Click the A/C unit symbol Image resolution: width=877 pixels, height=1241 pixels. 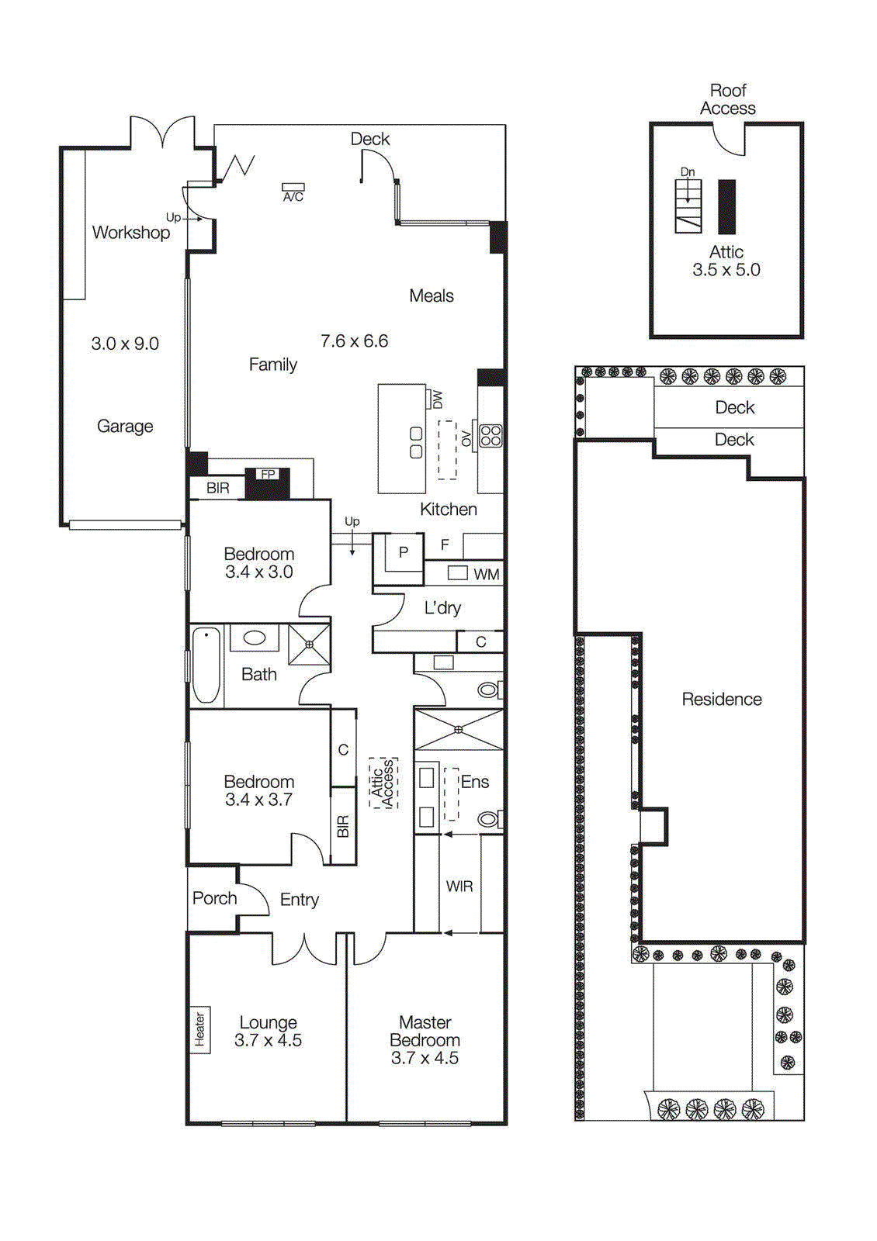(293, 188)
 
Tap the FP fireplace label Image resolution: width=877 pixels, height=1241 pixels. (268, 474)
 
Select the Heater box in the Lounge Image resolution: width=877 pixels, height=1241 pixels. (199, 1029)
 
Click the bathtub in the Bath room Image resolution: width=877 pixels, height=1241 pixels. (206, 665)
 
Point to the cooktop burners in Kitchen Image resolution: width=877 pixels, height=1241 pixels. (490, 435)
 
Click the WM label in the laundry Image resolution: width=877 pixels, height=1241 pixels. (486, 575)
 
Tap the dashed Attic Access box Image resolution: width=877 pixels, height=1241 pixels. (383, 783)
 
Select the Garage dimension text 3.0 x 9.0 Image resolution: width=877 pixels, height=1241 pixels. (125, 344)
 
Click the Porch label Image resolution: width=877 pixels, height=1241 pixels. (214, 898)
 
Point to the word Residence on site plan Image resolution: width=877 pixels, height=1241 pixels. (721, 699)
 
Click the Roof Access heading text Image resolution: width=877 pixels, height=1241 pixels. (727, 99)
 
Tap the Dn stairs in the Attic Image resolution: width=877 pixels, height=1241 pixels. (688, 205)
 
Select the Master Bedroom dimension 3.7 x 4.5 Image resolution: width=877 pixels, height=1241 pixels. (425, 1058)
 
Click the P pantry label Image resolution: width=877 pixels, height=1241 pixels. (403, 552)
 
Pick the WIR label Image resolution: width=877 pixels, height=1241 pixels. (459, 886)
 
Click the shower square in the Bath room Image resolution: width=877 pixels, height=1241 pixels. (309, 644)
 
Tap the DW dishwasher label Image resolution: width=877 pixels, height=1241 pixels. (437, 399)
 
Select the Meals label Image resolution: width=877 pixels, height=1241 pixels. (432, 296)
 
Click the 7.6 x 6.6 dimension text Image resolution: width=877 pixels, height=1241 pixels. (354, 340)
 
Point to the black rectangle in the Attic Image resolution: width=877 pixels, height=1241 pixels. (726, 206)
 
